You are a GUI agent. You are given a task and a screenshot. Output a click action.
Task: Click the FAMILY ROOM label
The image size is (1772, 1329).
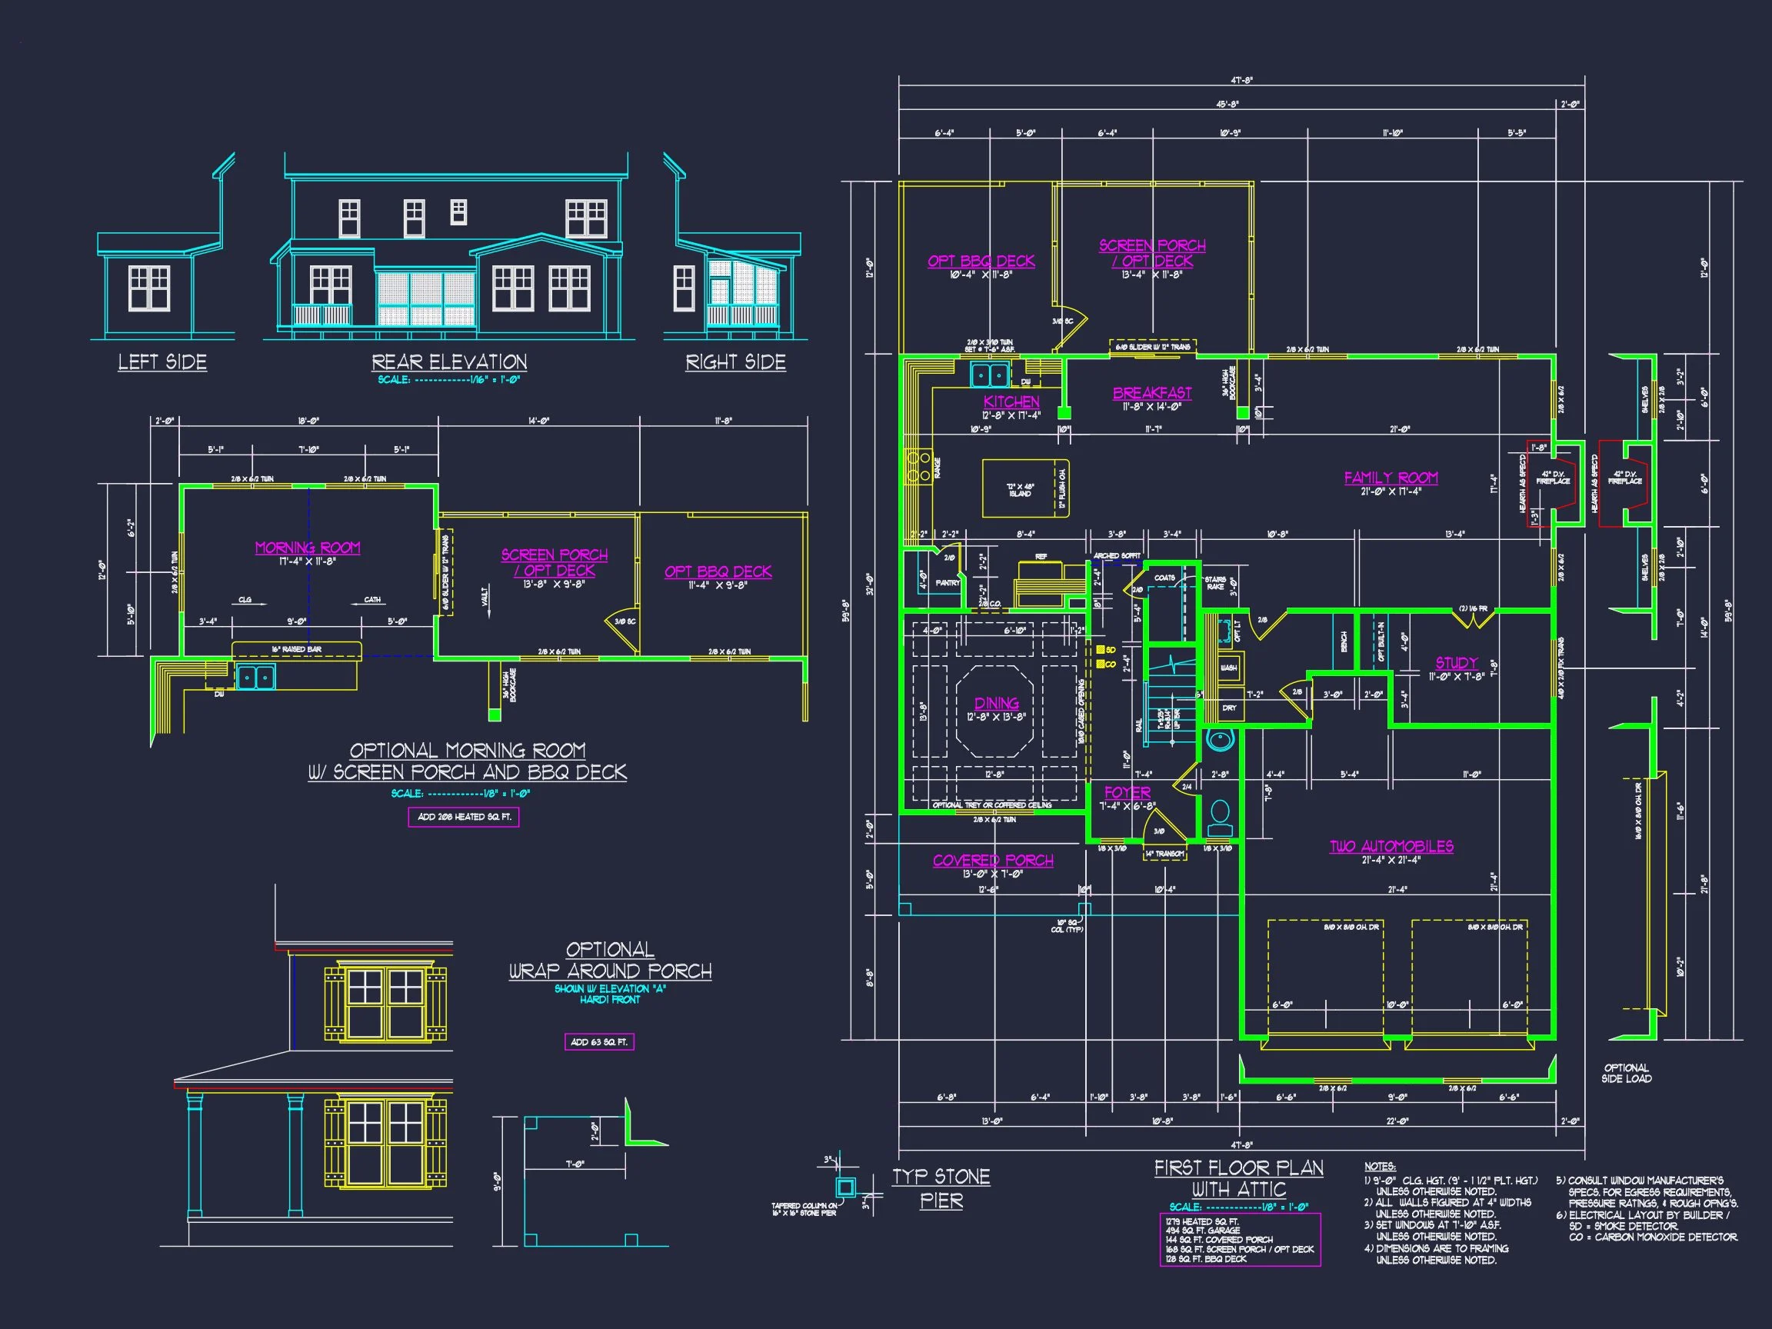[x=1391, y=478]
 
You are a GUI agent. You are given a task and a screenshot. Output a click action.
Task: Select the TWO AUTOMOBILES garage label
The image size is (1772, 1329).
[x=1391, y=846]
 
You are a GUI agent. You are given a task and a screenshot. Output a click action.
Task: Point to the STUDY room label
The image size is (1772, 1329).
[x=1457, y=662]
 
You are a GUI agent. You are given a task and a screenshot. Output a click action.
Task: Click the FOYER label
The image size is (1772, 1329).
[x=1127, y=792]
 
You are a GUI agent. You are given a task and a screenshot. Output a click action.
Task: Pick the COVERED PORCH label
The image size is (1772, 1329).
[x=993, y=861]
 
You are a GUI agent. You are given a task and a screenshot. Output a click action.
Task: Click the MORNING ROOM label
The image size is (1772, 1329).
[x=308, y=548]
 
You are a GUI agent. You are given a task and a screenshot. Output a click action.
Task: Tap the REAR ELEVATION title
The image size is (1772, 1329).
[x=449, y=362]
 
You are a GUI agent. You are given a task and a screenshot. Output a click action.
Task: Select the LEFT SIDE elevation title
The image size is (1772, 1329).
[x=162, y=362]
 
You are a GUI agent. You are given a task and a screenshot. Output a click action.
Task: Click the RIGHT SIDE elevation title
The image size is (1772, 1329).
[x=735, y=362]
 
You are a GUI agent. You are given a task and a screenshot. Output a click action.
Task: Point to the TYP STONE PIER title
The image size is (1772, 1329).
[x=941, y=1188]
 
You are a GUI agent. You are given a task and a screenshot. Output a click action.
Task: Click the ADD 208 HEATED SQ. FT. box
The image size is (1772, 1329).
[x=464, y=817]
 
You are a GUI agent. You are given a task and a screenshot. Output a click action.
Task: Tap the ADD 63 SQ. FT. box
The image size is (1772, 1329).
[x=599, y=1042]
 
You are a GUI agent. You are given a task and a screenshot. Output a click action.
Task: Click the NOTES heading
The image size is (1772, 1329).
[x=1380, y=1167]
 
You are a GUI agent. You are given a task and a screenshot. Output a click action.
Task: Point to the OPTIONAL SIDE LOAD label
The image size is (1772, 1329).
[x=1626, y=1074]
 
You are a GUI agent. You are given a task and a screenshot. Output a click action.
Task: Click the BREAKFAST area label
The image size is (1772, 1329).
[x=1152, y=393]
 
